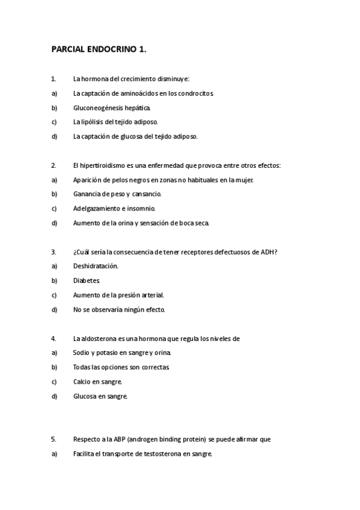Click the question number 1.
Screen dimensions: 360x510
pyautogui.click(x=53, y=79)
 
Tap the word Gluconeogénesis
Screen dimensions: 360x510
pyautogui.click(x=99, y=108)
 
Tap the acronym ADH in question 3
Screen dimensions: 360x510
pyautogui.click(x=269, y=252)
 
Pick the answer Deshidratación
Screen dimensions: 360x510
pyautogui.click(x=96, y=266)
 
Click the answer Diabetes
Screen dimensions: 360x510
pyautogui.click(x=87, y=281)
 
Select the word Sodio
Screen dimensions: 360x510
pyautogui.click(x=81, y=353)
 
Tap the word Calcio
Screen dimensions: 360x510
pyautogui.click(x=82, y=382)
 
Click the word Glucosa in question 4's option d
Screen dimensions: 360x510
pyautogui.click(x=84, y=396)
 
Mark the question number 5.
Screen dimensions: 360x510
pyautogui.click(x=53, y=440)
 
